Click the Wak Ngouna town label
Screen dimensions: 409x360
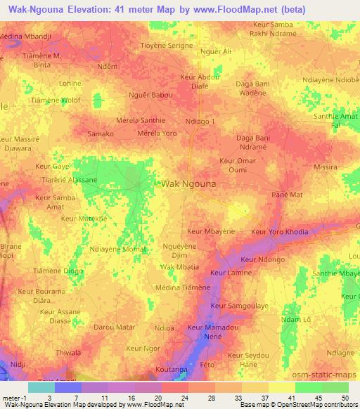click(188, 183)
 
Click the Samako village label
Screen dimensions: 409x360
click(100, 134)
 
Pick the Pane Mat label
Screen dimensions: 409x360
click(286, 193)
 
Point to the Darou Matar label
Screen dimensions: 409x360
click(114, 327)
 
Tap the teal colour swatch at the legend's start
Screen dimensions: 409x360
click(41, 387)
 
